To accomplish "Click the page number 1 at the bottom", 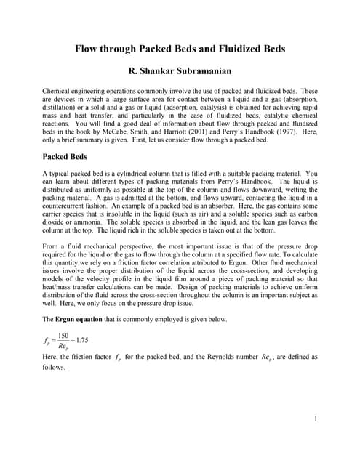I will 318,419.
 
